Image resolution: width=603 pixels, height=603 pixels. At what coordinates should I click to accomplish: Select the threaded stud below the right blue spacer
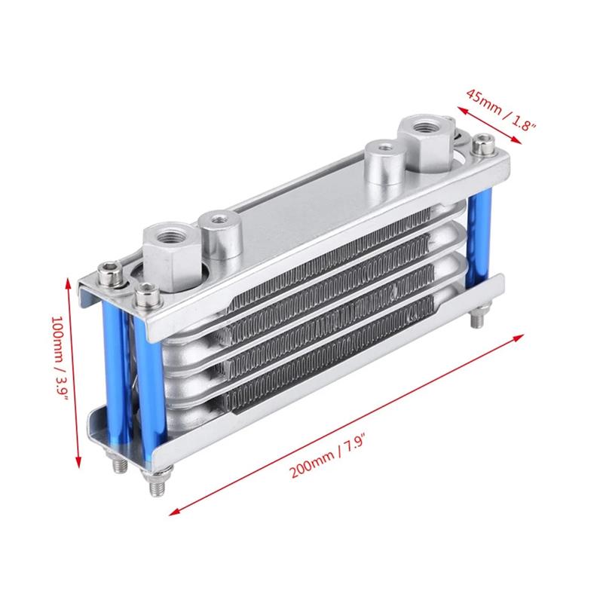tap(477, 319)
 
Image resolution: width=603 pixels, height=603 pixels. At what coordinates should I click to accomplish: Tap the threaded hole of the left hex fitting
tap(167, 231)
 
